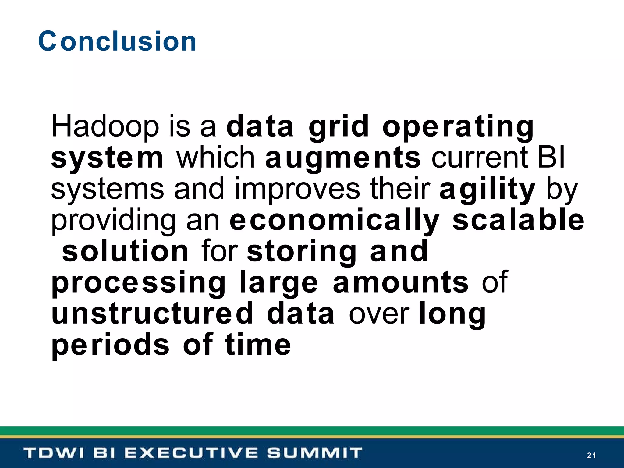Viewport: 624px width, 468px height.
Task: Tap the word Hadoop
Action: (x=105, y=126)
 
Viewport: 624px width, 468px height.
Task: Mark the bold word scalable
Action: (x=518, y=220)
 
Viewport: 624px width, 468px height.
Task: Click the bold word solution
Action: (x=125, y=251)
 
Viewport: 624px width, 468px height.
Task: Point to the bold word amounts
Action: (x=401, y=283)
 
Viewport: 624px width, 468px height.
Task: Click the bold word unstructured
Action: (x=152, y=314)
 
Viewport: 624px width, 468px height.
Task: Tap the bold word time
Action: (x=258, y=345)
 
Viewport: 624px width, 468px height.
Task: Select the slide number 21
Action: (x=591, y=456)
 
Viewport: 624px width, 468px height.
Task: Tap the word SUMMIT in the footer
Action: (x=314, y=453)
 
